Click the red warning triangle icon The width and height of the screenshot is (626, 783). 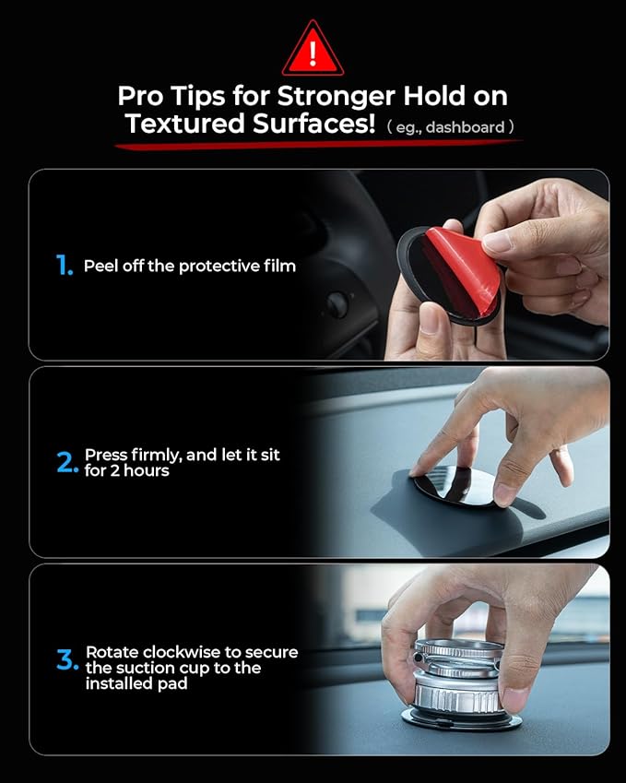[313, 50]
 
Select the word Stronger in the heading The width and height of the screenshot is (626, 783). [336, 97]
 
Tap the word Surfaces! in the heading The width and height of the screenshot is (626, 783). [313, 124]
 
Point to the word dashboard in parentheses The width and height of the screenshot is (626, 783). [466, 127]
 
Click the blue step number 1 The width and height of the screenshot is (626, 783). [64, 266]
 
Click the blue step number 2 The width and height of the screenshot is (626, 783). [67, 462]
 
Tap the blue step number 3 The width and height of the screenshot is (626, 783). [67, 659]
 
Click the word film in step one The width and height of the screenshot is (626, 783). [280, 266]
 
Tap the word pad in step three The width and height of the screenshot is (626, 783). [172, 684]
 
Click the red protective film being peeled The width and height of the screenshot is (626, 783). [463, 268]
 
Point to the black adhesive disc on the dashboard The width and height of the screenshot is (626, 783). [455, 486]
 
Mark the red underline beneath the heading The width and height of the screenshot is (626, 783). [318, 144]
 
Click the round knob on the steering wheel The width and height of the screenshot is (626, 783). [337, 304]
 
